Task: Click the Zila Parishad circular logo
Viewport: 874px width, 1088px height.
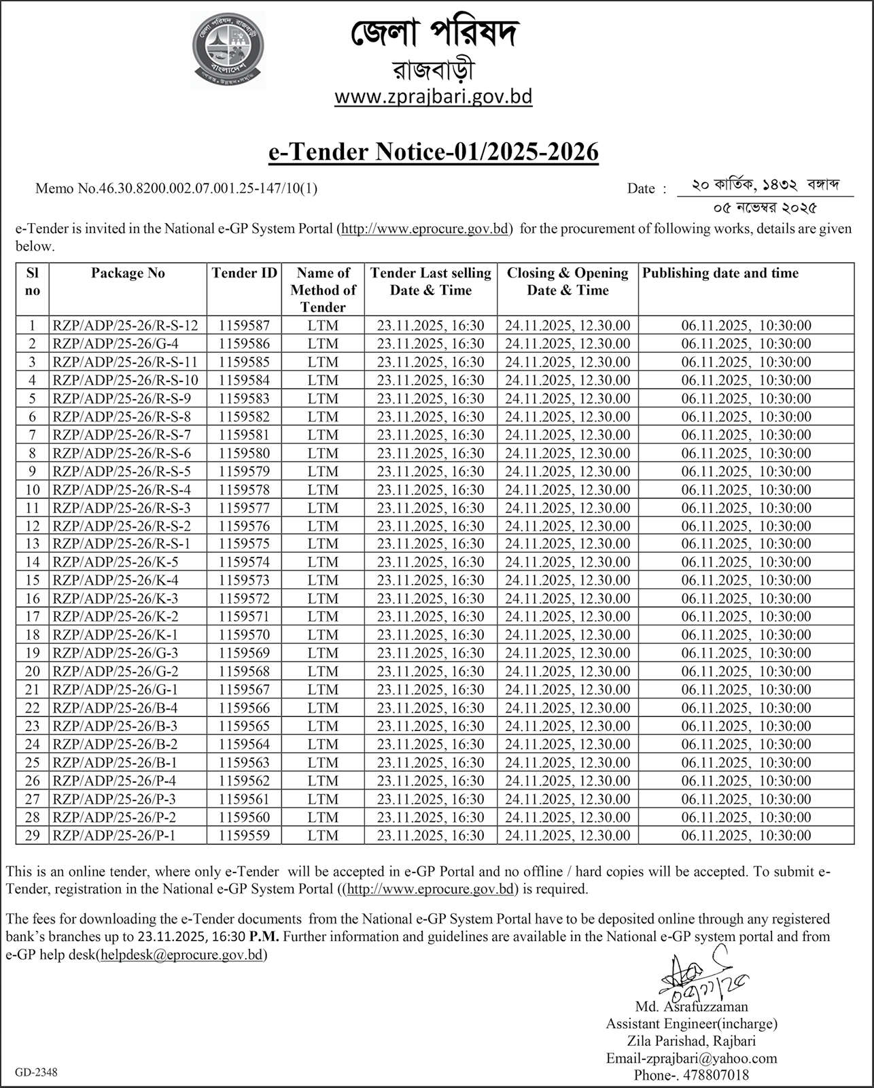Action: [228, 49]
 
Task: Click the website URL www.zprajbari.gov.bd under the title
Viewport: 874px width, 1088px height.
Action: [433, 97]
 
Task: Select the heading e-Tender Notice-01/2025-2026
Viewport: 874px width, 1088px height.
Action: [434, 152]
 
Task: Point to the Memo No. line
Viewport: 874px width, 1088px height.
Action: [176, 188]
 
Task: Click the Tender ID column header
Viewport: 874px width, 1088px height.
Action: [245, 273]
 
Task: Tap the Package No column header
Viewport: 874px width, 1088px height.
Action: [128, 273]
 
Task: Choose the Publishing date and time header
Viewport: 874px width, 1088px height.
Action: [720, 273]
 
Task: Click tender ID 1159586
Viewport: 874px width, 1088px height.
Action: [244, 344]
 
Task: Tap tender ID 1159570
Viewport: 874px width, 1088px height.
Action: [244, 635]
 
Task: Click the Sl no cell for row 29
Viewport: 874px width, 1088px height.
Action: [32, 836]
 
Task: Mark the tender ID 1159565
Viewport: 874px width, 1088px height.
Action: [244, 726]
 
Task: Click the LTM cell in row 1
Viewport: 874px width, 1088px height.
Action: [323, 326]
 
